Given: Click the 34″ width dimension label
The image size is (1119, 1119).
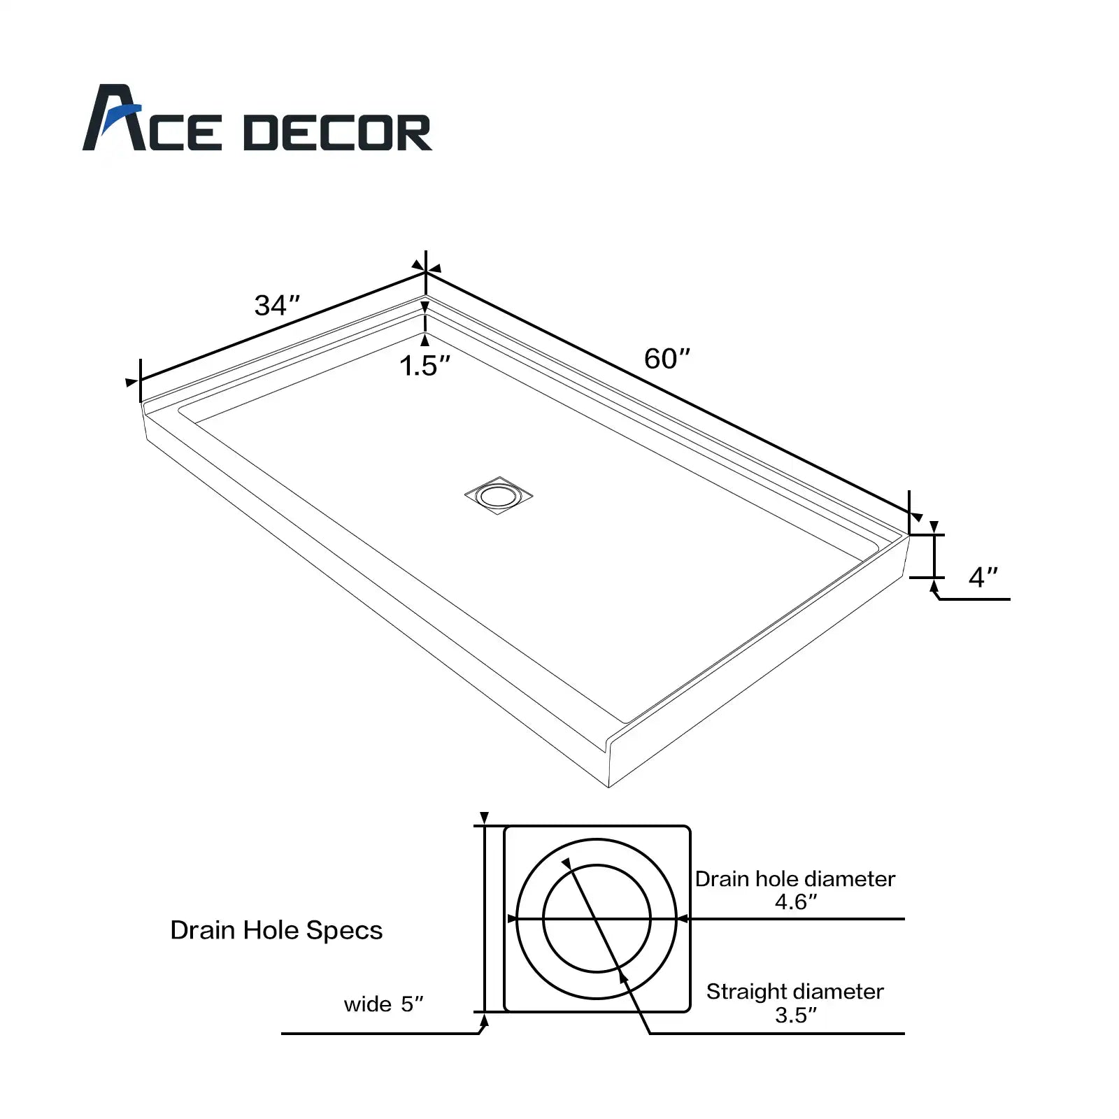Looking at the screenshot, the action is coord(278,306).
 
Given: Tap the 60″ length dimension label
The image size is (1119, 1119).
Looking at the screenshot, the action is coord(667,359).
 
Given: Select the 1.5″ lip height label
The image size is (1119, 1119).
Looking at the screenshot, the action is coord(425,366).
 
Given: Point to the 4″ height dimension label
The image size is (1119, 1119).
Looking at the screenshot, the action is coord(983,577).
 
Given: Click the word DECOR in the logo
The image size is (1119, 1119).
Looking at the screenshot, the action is coord(338,133).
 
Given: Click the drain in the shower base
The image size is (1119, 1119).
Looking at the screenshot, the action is coord(499,495).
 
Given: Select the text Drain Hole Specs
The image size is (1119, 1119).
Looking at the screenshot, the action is coord(276,930).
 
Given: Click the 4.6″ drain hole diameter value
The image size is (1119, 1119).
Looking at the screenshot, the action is coord(796,902).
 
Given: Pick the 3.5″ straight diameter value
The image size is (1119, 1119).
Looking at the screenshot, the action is coord(796,1015).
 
